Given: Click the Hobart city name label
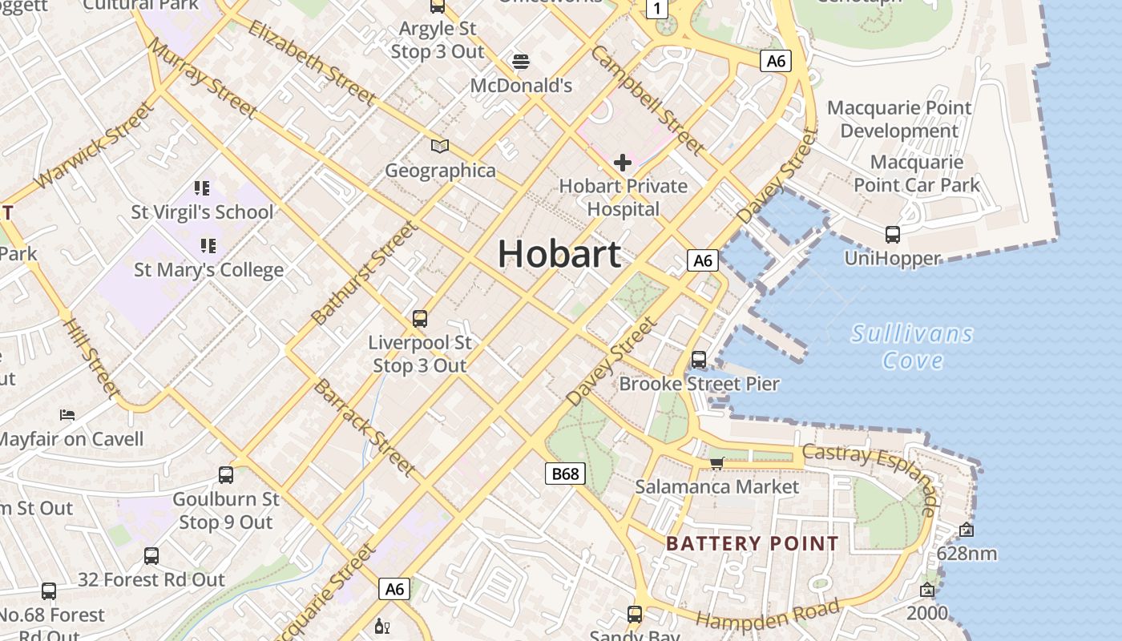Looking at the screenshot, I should [559, 254].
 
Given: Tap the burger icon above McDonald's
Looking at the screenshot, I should [521, 62].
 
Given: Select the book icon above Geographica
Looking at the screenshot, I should [440, 146].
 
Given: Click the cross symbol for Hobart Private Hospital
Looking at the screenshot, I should [623, 163].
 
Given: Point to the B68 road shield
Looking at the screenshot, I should [565, 474].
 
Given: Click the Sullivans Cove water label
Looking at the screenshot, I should [912, 346].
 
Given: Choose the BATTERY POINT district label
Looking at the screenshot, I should [753, 544].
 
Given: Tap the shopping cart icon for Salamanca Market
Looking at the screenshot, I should [717, 463].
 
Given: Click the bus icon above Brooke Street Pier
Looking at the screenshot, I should [699, 360].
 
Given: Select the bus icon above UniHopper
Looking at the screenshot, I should [892, 235].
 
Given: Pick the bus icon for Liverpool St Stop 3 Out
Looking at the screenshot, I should [420, 319].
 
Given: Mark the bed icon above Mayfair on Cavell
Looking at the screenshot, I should [67, 415].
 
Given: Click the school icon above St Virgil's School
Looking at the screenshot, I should [202, 188].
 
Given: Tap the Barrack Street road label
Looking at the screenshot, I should [365, 427].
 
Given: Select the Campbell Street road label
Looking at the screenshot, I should [648, 99].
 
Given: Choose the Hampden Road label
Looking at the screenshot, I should [768, 614].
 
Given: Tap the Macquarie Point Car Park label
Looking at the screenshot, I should [917, 174].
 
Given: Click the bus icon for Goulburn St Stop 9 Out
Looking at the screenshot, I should [226, 475].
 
